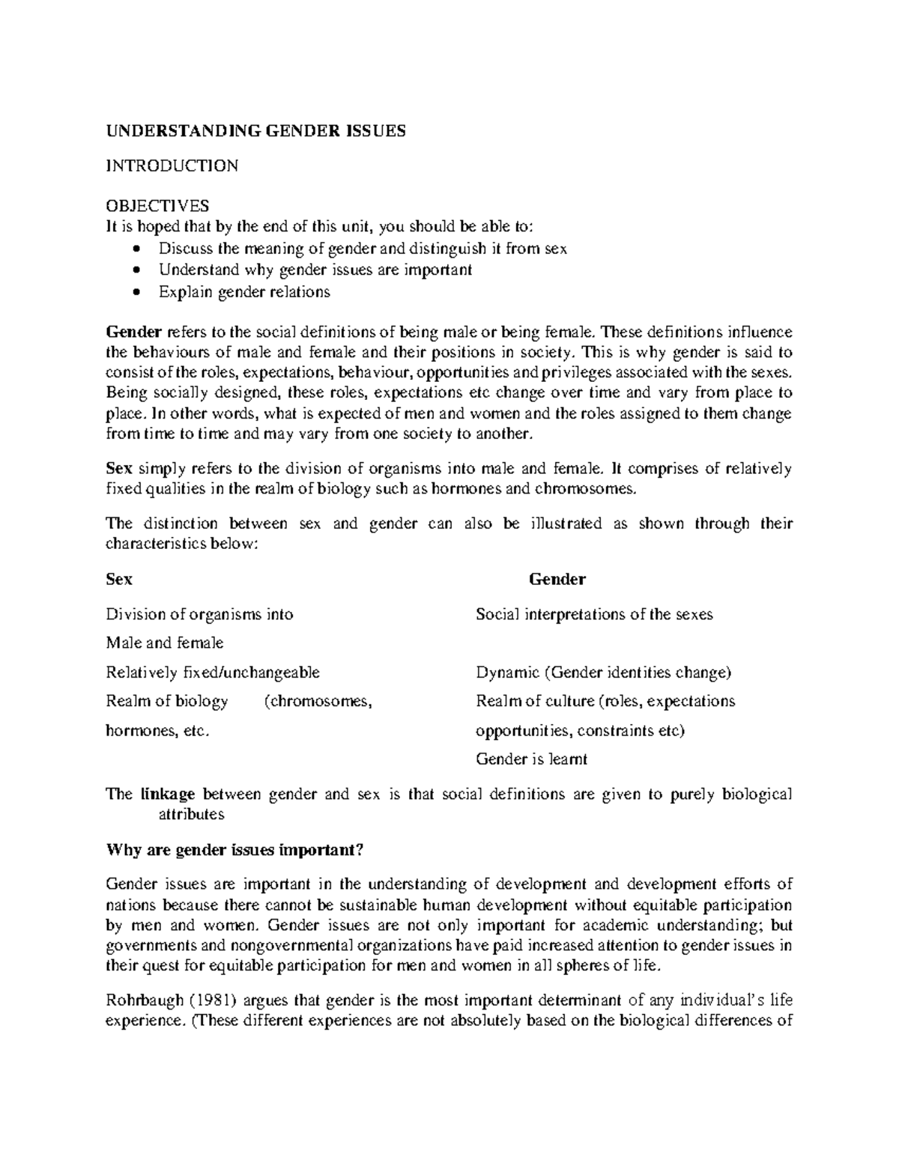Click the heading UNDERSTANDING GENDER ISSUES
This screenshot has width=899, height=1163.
tap(255, 132)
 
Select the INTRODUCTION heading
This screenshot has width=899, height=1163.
tap(172, 166)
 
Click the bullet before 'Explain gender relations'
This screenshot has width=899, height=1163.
tap(136, 292)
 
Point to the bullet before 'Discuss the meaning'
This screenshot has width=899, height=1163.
tap(136, 249)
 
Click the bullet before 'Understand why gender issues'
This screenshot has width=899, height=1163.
tap(136, 270)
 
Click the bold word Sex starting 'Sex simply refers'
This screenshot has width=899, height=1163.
tap(119, 470)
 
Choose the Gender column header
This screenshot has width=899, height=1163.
tap(557, 579)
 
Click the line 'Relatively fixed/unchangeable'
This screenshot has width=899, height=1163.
tap(213, 672)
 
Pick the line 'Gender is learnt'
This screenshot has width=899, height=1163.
tap(531, 759)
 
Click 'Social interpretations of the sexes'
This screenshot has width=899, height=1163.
tap(594, 615)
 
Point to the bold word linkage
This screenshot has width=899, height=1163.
tap(167, 795)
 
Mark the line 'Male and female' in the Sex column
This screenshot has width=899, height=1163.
tap(165, 643)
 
